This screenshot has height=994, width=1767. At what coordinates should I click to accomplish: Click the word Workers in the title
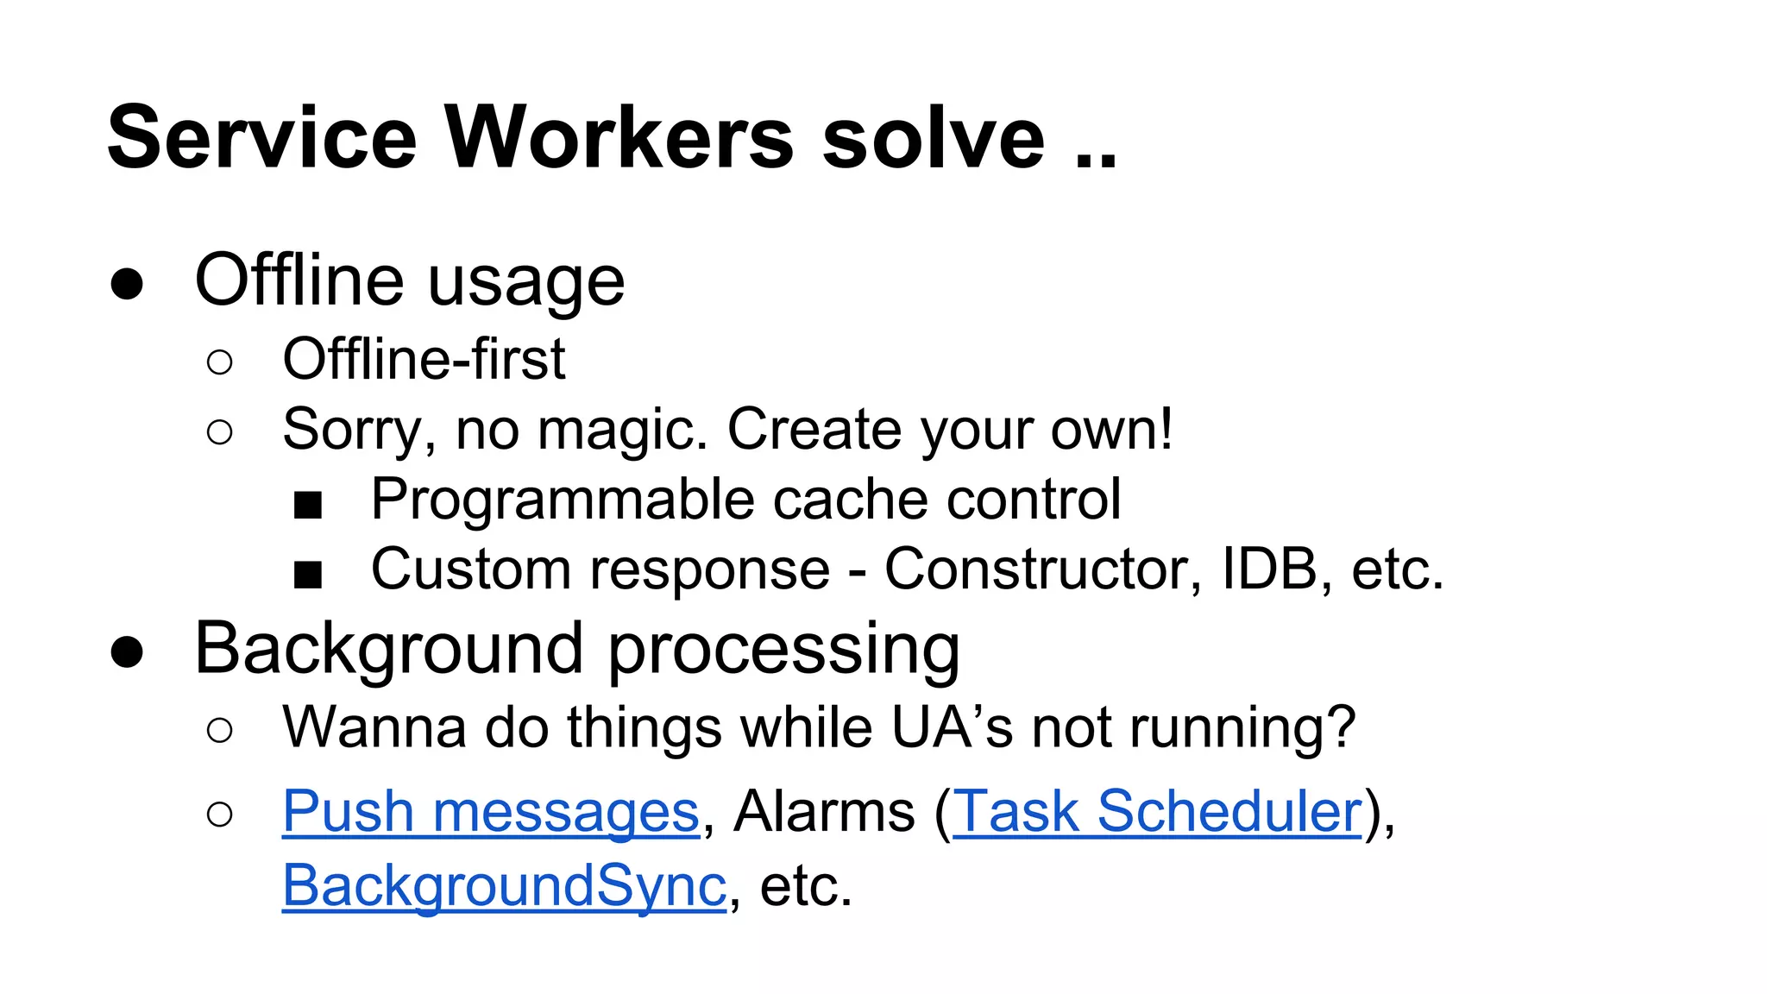619,138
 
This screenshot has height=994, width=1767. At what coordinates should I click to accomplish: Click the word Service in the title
262,138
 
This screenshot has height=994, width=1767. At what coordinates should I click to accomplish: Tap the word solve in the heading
934,138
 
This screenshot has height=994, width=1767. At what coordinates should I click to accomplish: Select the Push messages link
490,812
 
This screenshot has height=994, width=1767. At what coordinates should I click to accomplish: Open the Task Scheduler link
1157,812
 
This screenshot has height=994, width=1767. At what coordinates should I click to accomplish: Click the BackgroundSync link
505,886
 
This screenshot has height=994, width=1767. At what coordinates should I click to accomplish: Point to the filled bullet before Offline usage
127,284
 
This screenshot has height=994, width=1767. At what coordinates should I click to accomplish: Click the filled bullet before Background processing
127,652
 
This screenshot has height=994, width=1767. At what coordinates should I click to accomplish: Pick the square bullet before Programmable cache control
308,504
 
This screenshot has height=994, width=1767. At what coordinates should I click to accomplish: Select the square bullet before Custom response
308,574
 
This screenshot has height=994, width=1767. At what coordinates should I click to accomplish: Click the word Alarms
824,812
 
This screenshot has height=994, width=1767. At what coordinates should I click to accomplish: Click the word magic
622,431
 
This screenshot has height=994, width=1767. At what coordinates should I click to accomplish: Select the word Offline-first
424,359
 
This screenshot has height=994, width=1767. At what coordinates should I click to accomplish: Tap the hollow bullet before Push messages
220,814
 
